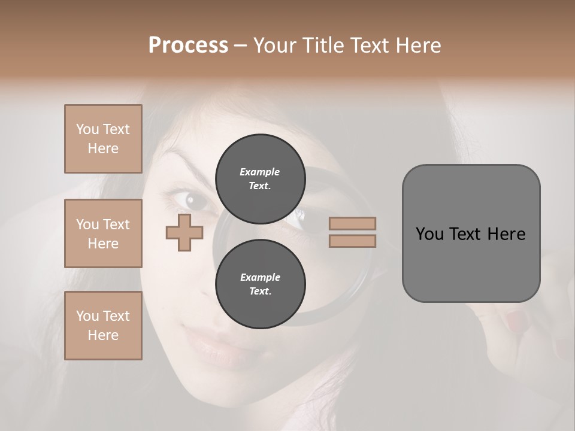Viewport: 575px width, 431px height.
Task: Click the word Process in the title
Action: (x=188, y=45)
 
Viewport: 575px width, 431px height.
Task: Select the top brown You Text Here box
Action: (x=103, y=139)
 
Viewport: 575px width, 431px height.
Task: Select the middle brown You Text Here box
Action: (x=103, y=233)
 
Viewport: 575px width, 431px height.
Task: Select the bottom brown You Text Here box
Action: (x=103, y=326)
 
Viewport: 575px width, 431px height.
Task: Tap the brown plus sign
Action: (x=184, y=232)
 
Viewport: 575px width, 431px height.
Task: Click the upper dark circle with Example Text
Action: (x=260, y=178)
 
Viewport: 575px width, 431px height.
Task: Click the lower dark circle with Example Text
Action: (x=260, y=284)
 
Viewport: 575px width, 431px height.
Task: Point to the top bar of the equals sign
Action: (x=352, y=223)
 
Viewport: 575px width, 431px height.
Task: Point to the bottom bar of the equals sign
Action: (x=352, y=241)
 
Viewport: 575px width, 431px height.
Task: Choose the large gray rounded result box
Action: (x=471, y=233)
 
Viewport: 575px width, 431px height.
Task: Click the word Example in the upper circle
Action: (x=259, y=172)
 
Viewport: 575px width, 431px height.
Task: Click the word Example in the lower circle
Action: (x=260, y=277)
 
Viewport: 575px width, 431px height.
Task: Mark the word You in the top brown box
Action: (x=87, y=129)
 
